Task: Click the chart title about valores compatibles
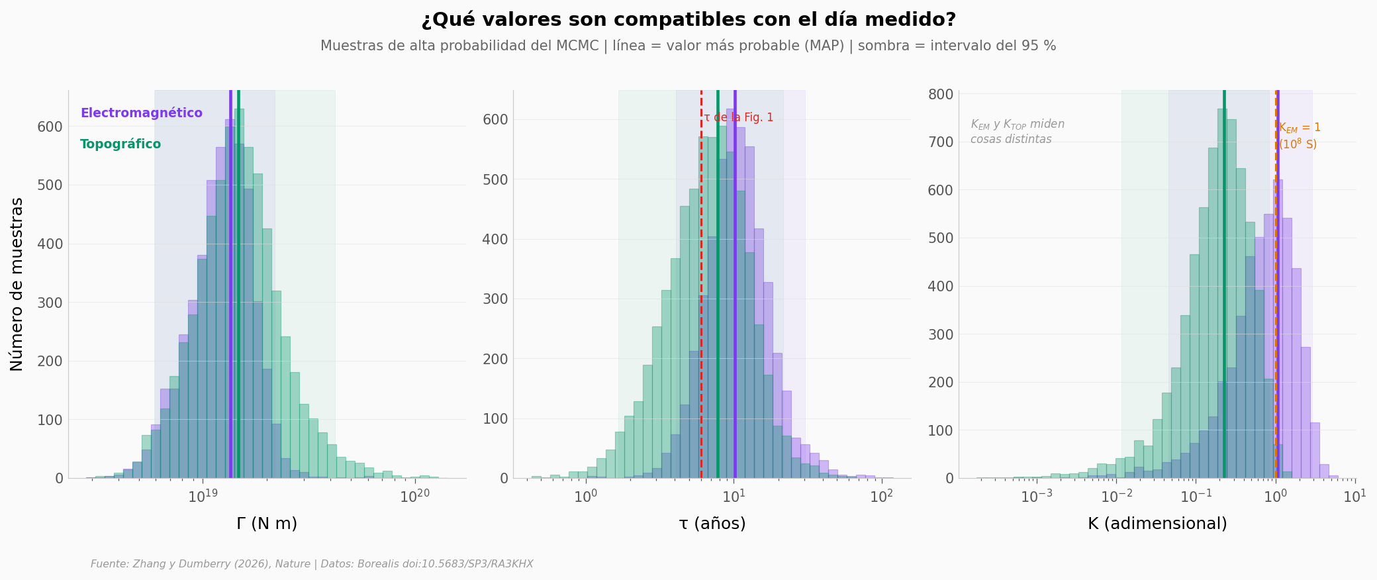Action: pyautogui.click(x=688, y=20)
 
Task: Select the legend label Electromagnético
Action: pyautogui.click(x=142, y=113)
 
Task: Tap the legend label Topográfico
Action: pyautogui.click(x=120, y=144)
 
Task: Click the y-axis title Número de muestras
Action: pyautogui.click(x=17, y=284)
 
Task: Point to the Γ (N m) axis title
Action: pyautogui.click(x=267, y=524)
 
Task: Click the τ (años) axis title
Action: pyautogui.click(x=712, y=524)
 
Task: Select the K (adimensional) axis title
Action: pyautogui.click(x=1157, y=524)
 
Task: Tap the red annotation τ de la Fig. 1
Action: pyautogui.click(x=739, y=118)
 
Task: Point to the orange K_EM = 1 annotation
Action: pyautogui.click(x=1299, y=136)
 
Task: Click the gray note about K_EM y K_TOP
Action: pyautogui.click(x=1018, y=131)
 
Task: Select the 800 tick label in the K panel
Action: pyautogui.click(x=940, y=94)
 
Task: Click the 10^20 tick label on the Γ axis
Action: pyautogui.click(x=414, y=496)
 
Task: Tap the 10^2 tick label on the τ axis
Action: pyautogui.click(x=882, y=496)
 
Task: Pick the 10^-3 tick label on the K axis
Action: pyautogui.click(x=1037, y=496)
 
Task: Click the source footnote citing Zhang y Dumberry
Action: pyautogui.click(x=312, y=564)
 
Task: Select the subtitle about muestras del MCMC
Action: pyautogui.click(x=688, y=46)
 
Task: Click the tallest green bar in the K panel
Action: pyautogui.click(x=1222, y=293)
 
